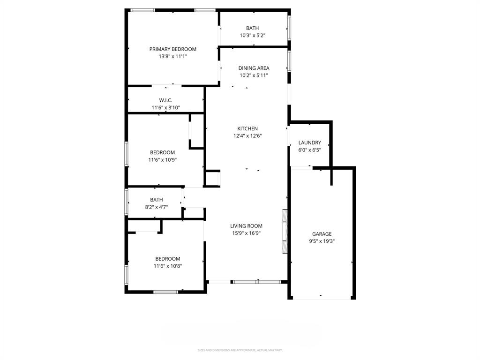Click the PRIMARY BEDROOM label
172,49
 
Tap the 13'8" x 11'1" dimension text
172,56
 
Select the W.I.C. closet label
165,100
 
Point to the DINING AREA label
254,68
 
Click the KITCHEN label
247,128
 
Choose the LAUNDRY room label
309,142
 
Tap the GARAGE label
322,234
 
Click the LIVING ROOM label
246,226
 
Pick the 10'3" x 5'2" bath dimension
253,35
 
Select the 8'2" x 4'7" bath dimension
156,207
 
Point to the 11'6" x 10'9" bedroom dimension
162,159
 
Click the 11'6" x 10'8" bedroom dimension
167,266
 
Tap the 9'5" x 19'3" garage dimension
322,241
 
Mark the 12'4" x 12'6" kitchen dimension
247,136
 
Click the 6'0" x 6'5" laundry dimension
309,150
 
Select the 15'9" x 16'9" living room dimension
246,233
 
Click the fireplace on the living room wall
285,231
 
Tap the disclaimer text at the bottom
240,350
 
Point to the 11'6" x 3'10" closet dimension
165,107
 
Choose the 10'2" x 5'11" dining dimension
254,75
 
